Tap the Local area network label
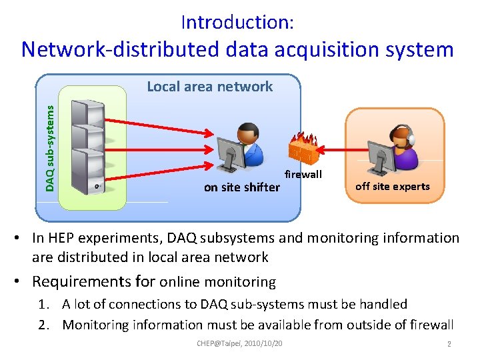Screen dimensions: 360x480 209,87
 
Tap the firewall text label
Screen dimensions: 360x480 303,175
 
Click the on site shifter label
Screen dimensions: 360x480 241,187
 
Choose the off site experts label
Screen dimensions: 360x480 393,187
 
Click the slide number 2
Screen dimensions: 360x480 449,344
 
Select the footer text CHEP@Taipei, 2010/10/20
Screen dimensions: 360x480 239,343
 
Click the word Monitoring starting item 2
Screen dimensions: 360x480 97,325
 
